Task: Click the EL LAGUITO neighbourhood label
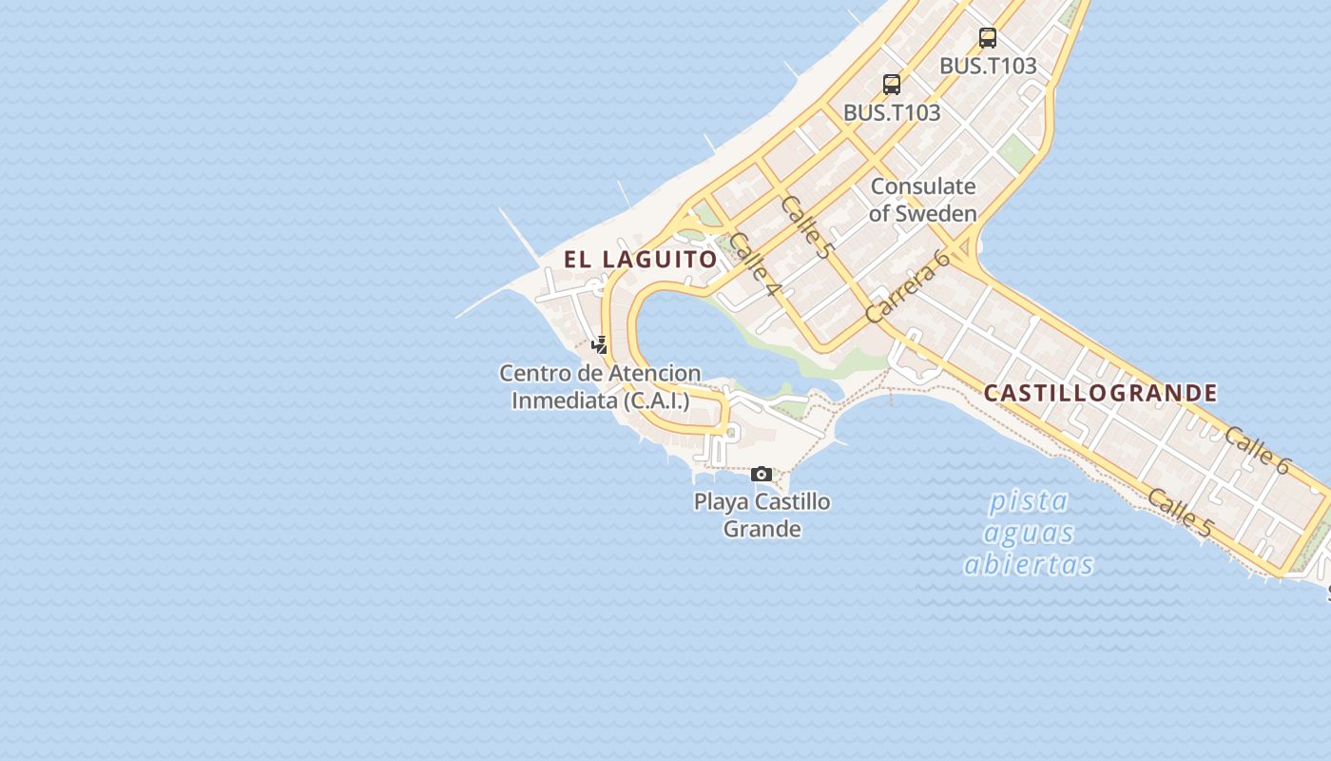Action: click(640, 259)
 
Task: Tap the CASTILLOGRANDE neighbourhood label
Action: click(1100, 393)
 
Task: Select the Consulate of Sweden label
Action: click(922, 200)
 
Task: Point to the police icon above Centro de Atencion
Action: click(599, 344)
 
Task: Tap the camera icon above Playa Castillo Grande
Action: click(761, 474)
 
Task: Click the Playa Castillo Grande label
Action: click(762, 515)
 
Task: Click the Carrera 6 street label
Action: click(907, 285)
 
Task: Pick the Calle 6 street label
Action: click(1256, 450)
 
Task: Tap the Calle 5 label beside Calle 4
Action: click(806, 227)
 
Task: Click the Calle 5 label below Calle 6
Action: click(1179, 512)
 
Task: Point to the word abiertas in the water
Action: click(1029, 564)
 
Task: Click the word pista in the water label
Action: click(1028, 500)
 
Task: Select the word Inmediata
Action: click(565, 400)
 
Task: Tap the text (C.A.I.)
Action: click(656, 400)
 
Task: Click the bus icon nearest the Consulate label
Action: click(891, 84)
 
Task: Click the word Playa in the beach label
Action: click(722, 501)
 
